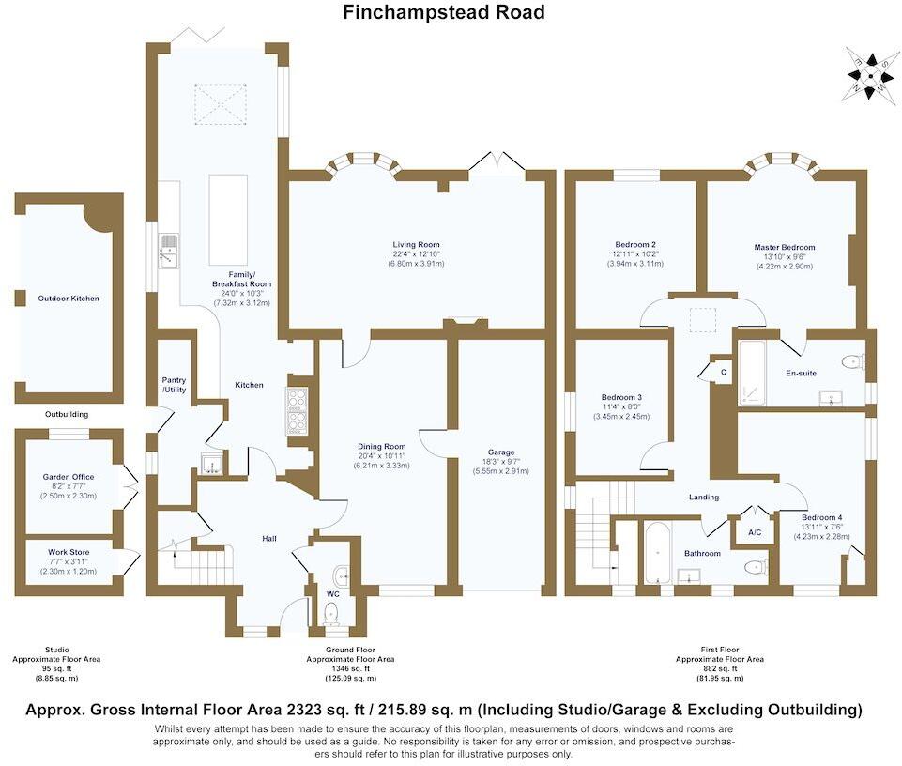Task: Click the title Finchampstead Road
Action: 444,12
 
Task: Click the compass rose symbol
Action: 872,73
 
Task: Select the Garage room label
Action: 501,452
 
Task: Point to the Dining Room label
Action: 381,447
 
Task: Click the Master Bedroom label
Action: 784,248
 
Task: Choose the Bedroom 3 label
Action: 620,397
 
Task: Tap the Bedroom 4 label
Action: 821,517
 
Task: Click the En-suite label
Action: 801,374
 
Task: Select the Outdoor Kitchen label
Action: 69,299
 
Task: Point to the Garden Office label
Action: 69,477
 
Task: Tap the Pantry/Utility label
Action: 175,385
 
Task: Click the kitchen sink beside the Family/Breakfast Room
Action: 168,251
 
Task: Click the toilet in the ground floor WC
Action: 330,613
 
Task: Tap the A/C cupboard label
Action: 754,532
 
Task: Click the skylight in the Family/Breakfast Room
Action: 219,102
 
